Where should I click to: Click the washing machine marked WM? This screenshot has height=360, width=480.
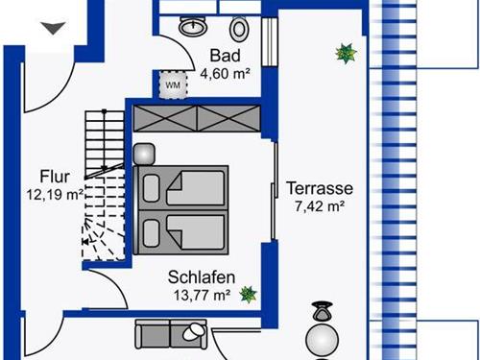[x=173, y=84]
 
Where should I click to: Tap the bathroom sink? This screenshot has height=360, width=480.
[x=193, y=26]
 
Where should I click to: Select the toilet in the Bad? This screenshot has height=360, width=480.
[x=239, y=29]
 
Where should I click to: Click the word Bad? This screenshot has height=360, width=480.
[x=225, y=56]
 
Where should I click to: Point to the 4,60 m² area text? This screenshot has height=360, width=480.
[x=225, y=74]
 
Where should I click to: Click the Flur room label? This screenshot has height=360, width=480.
[x=55, y=177]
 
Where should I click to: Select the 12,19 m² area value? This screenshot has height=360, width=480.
[x=56, y=194]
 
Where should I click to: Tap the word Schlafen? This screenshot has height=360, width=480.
[x=202, y=276]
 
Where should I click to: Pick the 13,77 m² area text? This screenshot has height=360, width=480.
[x=202, y=295]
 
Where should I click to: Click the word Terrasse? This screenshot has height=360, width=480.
[x=320, y=188]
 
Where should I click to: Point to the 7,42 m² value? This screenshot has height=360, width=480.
[x=320, y=206]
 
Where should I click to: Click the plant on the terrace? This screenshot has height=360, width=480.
[x=346, y=54]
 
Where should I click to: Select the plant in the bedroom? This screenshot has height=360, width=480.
[x=249, y=295]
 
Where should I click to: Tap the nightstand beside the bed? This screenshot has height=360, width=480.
[x=144, y=155]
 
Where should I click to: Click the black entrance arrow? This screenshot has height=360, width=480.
[x=53, y=28]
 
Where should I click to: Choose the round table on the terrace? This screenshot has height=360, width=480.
[x=322, y=339]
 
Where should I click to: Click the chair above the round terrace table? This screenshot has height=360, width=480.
[x=323, y=312]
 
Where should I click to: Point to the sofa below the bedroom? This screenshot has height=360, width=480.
[x=171, y=334]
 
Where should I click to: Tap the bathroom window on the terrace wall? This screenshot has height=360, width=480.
[x=270, y=42]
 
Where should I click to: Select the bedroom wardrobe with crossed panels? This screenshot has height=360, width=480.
[x=197, y=118]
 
